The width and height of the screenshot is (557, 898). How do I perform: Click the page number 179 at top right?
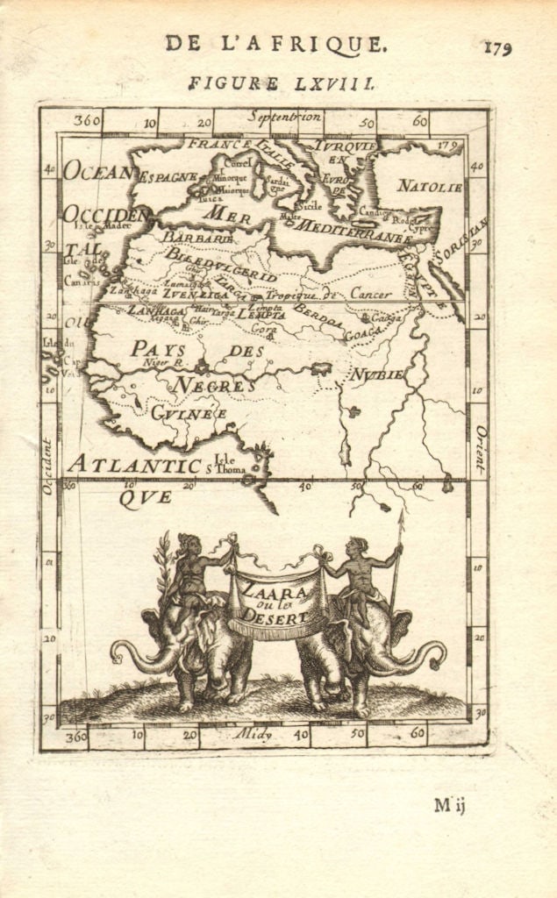[x=496, y=47]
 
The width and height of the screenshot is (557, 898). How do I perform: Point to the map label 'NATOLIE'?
[x=430, y=186]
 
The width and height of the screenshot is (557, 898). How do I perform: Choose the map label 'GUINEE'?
[x=189, y=412]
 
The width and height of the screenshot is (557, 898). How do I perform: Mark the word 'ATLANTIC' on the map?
[x=135, y=465]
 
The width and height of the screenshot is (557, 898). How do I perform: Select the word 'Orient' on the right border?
[x=480, y=449]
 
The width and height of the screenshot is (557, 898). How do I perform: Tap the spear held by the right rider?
[x=396, y=561]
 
